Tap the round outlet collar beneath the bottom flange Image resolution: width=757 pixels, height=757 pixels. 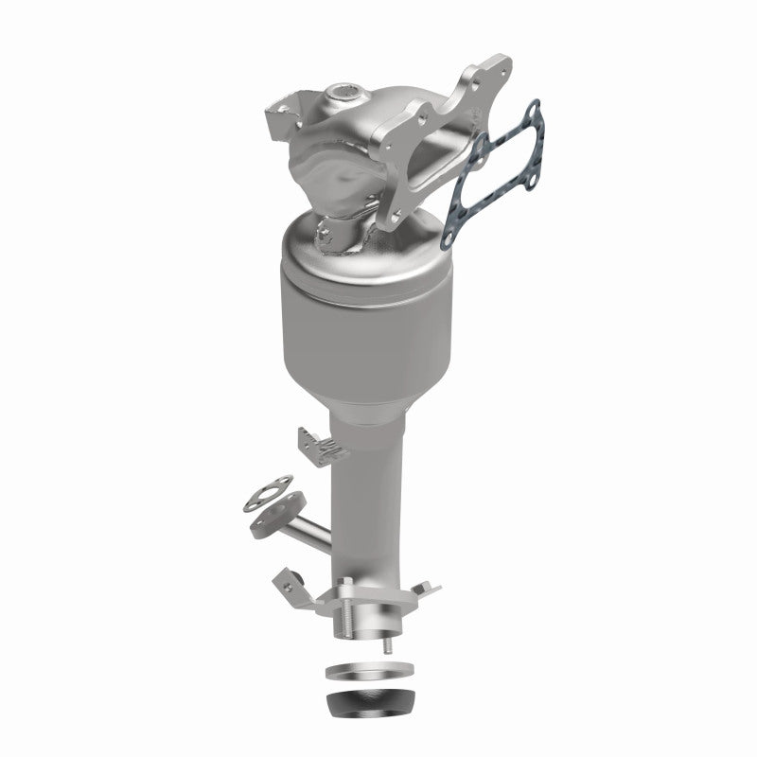point(364,624)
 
